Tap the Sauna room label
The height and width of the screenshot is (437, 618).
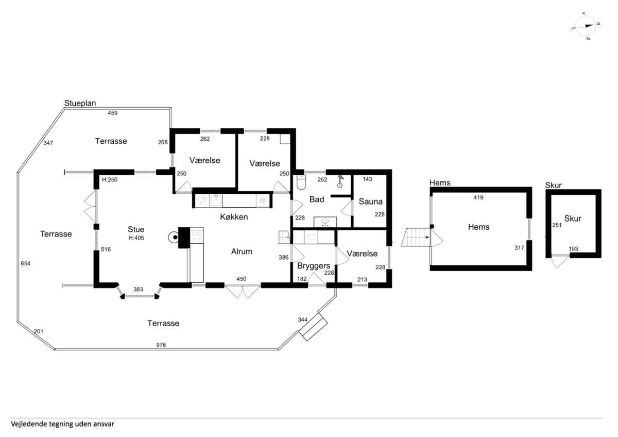pos(370,201)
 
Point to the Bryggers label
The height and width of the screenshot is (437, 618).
pos(314,266)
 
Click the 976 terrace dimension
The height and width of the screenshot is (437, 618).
pos(161,345)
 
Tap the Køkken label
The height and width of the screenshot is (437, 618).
pos(234,217)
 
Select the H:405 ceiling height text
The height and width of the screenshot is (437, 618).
pos(136,238)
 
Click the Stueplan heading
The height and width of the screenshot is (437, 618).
pos(80,103)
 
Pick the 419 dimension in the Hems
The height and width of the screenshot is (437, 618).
pos(478,197)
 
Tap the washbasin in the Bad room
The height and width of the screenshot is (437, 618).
pos(325,222)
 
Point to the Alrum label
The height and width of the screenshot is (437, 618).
pos(242,251)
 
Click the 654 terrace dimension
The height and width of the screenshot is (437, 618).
pos(25,263)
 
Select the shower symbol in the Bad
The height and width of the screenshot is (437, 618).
pos(340,181)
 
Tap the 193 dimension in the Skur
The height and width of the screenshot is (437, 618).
pos(573,249)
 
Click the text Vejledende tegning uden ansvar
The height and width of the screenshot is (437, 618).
pos(62,424)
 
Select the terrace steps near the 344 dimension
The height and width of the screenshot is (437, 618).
pos(313,327)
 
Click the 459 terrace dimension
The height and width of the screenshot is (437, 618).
pos(113,113)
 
